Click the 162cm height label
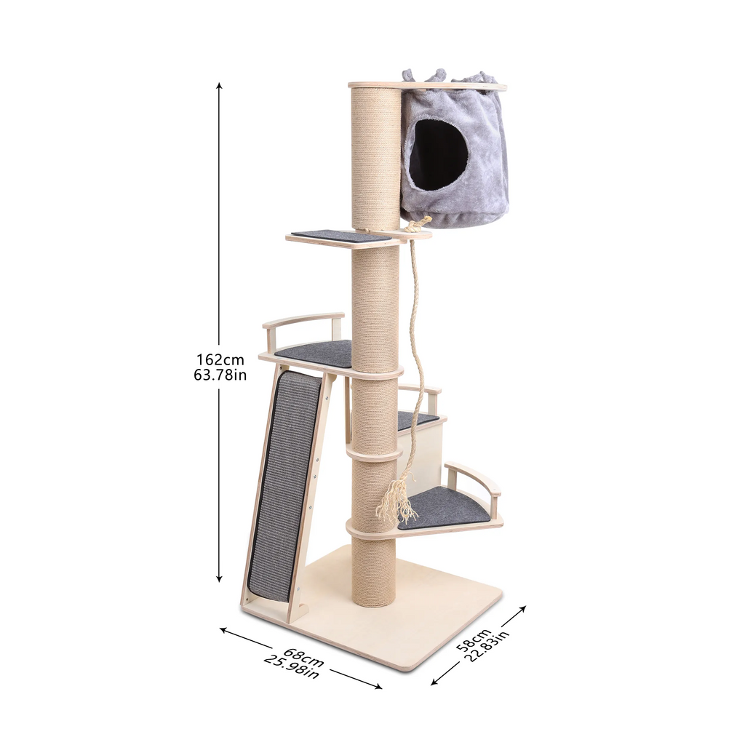point(220,359)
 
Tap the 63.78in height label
point(220,375)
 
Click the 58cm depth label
point(471,640)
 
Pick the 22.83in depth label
point(486,645)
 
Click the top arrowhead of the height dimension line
point(219,86)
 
